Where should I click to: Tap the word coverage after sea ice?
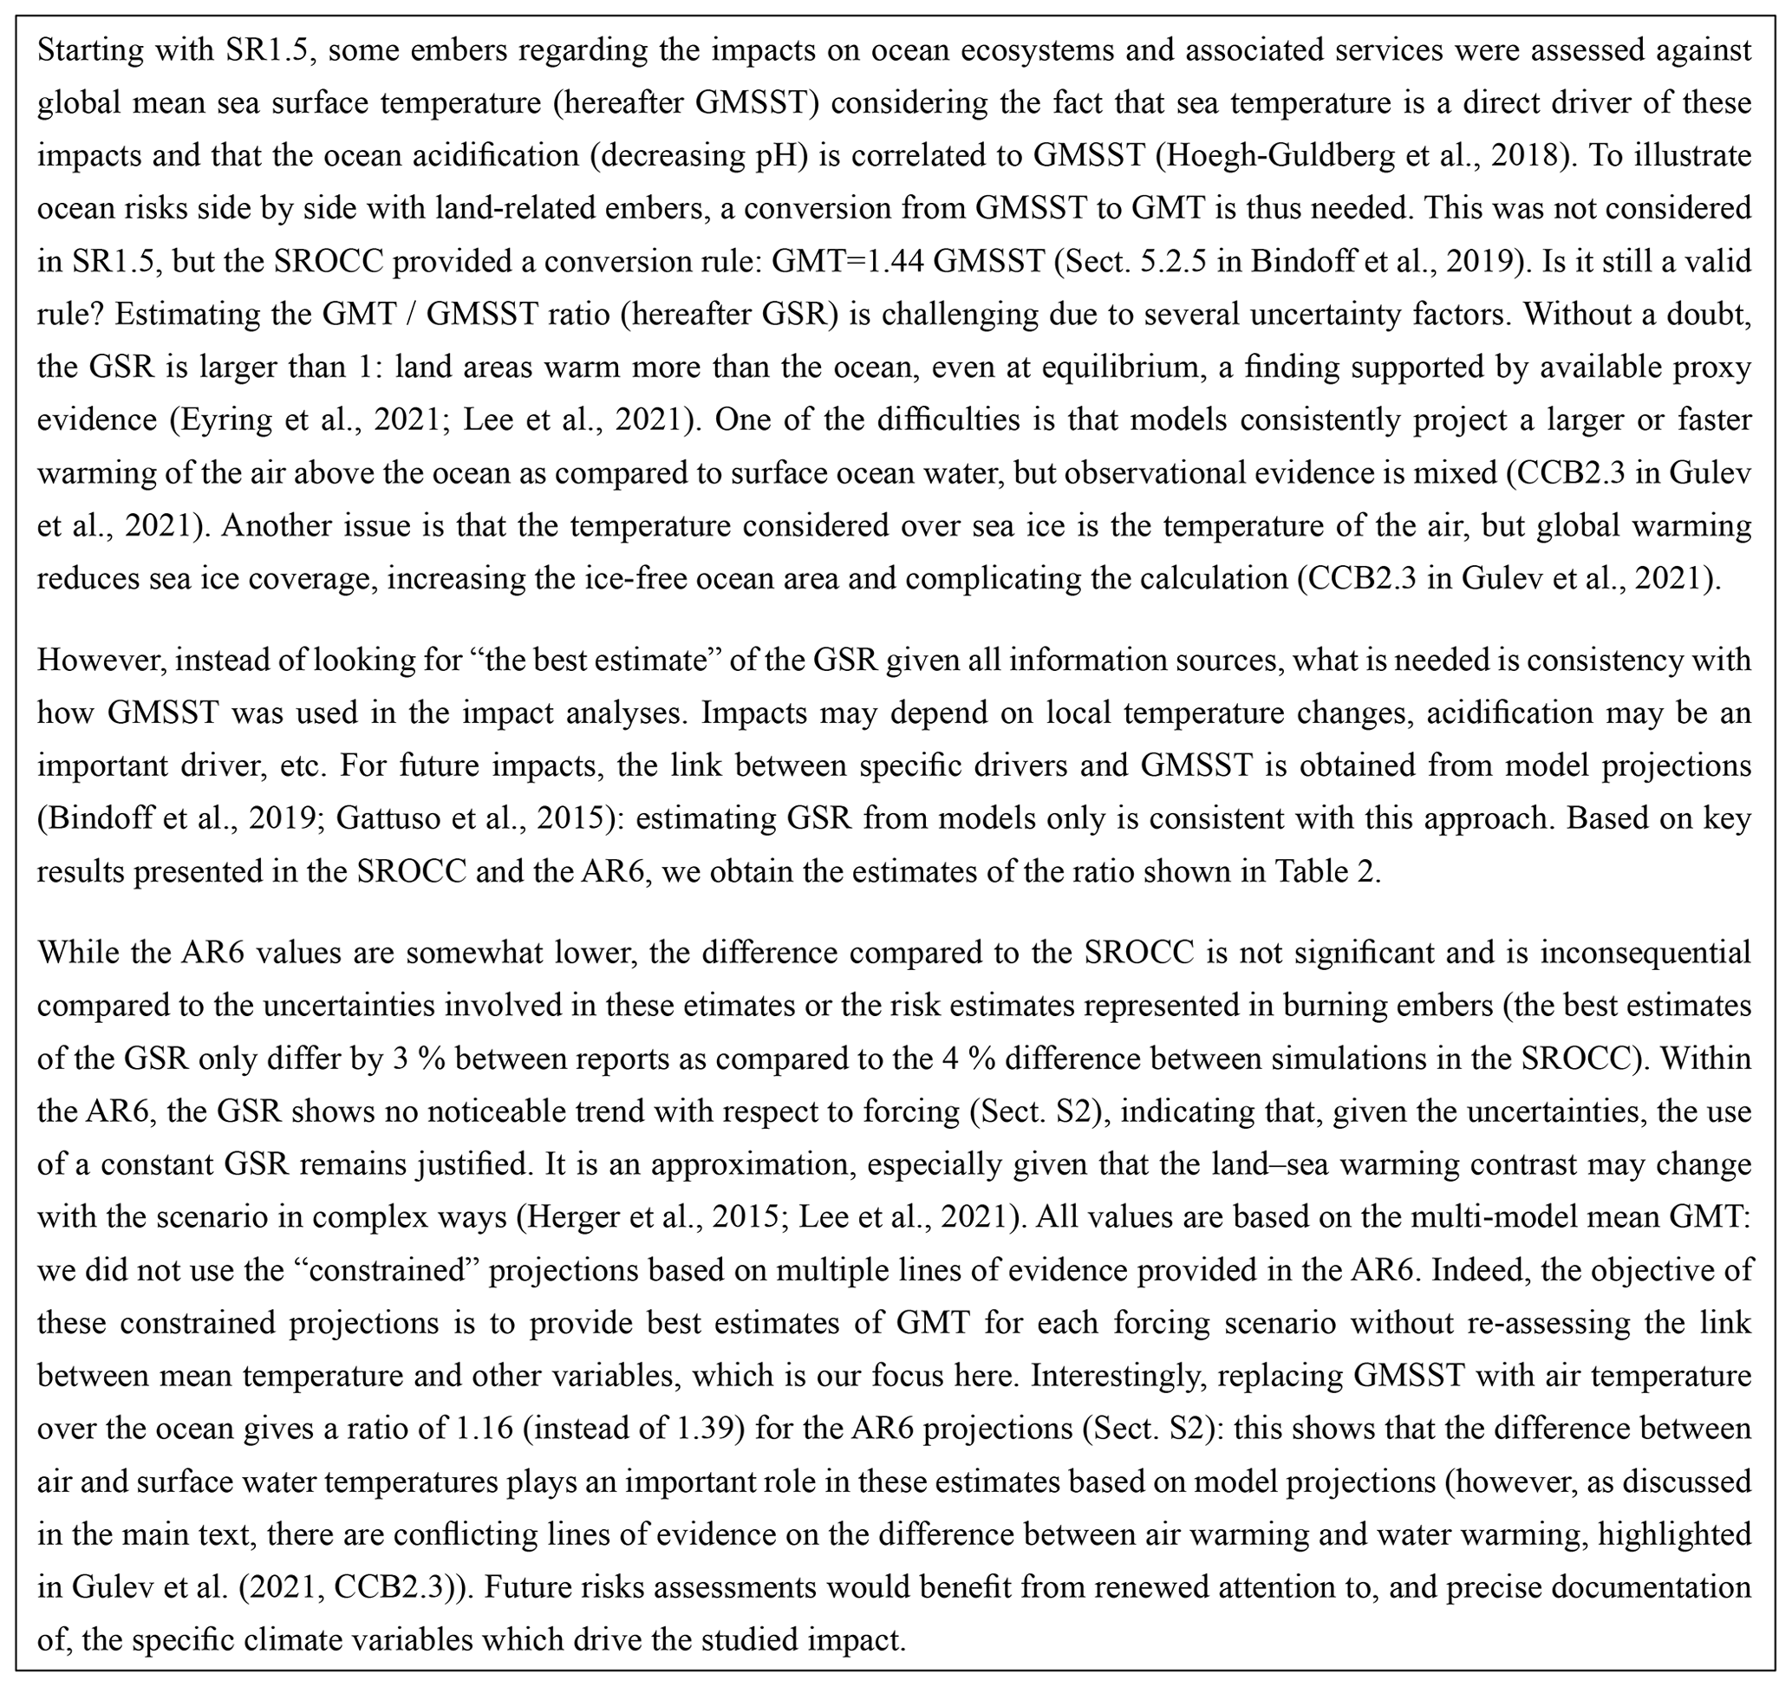299,577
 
